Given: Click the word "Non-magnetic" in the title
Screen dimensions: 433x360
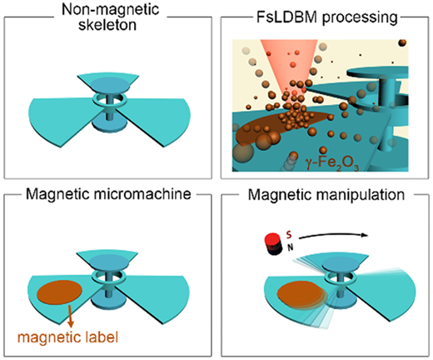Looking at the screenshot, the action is [110, 10].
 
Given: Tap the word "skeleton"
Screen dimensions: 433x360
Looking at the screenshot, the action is [107, 25].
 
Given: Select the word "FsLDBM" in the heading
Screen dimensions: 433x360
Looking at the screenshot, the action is [286, 17].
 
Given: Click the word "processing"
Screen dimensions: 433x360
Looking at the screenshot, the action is [360, 18].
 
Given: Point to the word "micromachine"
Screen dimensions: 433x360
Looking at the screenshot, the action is [142, 194].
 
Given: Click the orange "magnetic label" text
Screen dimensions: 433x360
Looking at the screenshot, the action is [67, 337].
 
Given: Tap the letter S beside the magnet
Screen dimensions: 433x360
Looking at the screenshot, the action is [289, 235].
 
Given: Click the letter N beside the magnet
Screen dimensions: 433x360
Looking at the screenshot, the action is [291, 247].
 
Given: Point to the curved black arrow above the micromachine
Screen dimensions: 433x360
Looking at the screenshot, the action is [333, 236].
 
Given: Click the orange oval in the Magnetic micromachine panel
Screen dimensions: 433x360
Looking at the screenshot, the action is [59, 292].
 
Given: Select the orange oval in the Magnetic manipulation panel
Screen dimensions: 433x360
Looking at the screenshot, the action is [301, 295].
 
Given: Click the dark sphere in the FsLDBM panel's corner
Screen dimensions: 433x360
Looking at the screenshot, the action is [402, 43].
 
